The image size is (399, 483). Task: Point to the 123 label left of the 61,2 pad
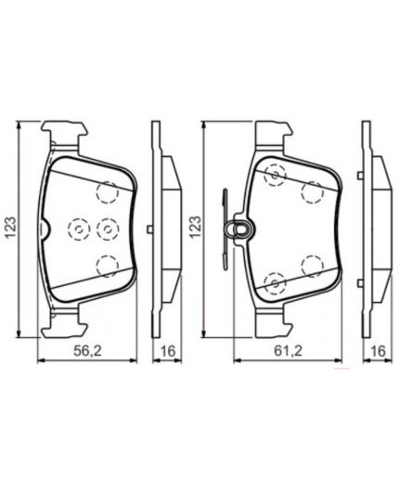[194, 226]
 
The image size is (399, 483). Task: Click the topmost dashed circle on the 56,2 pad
[109, 191]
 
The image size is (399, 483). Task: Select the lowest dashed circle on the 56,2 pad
[109, 267]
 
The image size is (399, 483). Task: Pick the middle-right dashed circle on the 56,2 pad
[107, 228]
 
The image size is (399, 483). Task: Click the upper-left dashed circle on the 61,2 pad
[275, 174]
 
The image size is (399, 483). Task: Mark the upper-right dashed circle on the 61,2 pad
[311, 191]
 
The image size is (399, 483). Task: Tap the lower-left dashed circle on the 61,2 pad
[275, 282]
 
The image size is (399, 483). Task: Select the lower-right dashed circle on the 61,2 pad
[312, 266]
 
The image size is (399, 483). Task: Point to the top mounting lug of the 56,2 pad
[64, 133]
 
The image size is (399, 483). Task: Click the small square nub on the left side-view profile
[149, 228]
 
